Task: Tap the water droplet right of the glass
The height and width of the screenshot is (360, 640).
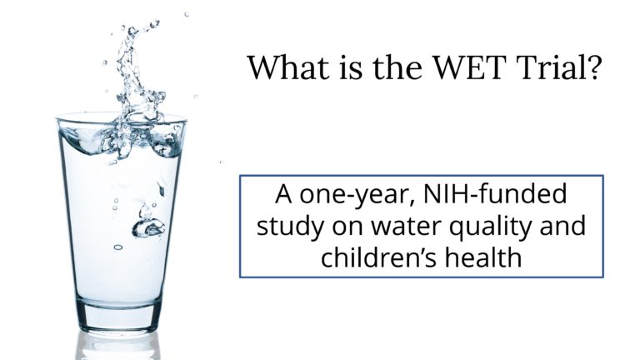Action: pyautogui.click(x=221, y=162)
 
